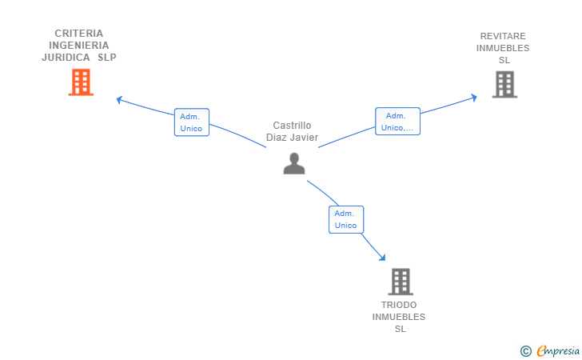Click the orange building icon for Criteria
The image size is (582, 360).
pyautogui.click(x=81, y=82)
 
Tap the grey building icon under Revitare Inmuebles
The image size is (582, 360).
pyautogui.click(x=504, y=84)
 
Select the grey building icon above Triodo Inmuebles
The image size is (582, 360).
pyautogui.click(x=401, y=282)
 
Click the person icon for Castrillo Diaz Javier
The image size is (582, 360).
pyautogui.click(x=294, y=163)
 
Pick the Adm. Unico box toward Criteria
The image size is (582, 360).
pyautogui.click(x=192, y=122)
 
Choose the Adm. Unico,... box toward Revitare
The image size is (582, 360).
pyautogui.click(x=397, y=122)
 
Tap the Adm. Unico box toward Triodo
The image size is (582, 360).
pyautogui.click(x=346, y=219)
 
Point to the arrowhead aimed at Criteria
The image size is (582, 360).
pyautogui.click(x=119, y=99)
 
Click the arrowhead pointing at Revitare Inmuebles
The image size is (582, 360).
pyautogui.click(x=474, y=98)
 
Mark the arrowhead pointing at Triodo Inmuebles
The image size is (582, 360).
pyautogui.click(x=382, y=258)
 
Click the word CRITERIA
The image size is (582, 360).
pyautogui.click(x=79, y=34)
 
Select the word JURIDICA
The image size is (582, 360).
pyautogui.click(x=66, y=58)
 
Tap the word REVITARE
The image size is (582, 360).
pyautogui.click(x=503, y=36)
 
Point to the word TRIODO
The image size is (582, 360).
pyautogui.click(x=399, y=305)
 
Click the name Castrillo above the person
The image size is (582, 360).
pyautogui.click(x=292, y=126)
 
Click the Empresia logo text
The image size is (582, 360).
pyautogui.click(x=558, y=351)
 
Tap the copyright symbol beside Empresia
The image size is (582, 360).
pyautogui.click(x=526, y=351)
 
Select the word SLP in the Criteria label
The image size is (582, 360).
pyautogui.click(x=107, y=58)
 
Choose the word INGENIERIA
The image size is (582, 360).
pyautogui.click(x=79, y=46)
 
